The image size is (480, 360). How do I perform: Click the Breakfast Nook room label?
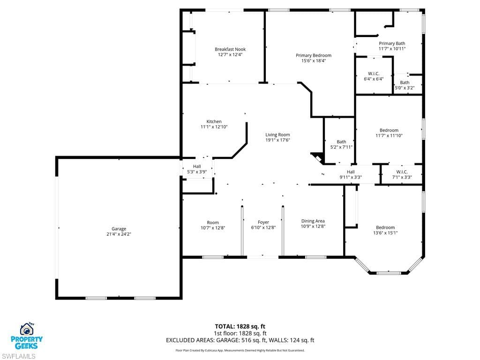(x=230, y=49)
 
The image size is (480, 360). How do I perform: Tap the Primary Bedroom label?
(x=314, y=55)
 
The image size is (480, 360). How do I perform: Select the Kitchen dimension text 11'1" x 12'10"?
(x=214, y=127)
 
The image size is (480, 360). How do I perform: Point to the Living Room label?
(x=277, y=135)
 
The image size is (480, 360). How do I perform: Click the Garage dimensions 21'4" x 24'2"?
(x=119, y=234)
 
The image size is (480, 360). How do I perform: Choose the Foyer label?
(x=263, y=222)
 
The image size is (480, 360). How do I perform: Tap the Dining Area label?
(x=313, y=221)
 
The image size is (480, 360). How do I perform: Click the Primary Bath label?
(x=392, y=44)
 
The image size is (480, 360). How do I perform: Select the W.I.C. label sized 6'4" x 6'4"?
(x=374, y=74)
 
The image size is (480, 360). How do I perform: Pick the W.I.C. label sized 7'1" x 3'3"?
(x=402, y=172)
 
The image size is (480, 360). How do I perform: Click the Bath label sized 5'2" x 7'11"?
(x=341, y=142)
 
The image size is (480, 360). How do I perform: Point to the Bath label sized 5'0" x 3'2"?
(x=405, y=82)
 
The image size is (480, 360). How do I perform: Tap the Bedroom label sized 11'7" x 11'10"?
(x=389, y=130)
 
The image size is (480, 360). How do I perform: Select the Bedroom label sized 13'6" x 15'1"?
(x=385, y=227)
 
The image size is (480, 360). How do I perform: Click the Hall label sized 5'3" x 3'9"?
(x=197, y=166)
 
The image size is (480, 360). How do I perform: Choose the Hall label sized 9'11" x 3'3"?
(x=351, y=172)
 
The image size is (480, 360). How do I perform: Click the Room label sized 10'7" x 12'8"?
(x=213, y=223)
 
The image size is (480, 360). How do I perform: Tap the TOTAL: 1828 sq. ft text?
(x=240, y=326)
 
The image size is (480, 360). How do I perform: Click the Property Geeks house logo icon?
(x=27, y=329)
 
